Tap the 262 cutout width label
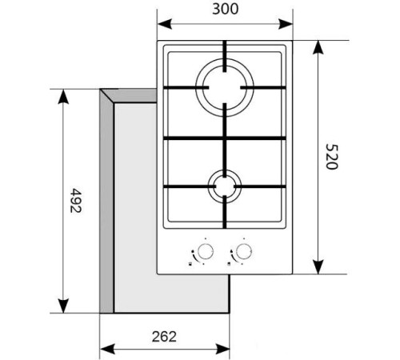tap(163, 336)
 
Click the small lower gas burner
tap(225, 188)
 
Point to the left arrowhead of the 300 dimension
tap(161, 24)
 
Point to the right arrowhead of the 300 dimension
tap(289, 24)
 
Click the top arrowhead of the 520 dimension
tap(318, 45)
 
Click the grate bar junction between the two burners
tap(225, 140)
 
